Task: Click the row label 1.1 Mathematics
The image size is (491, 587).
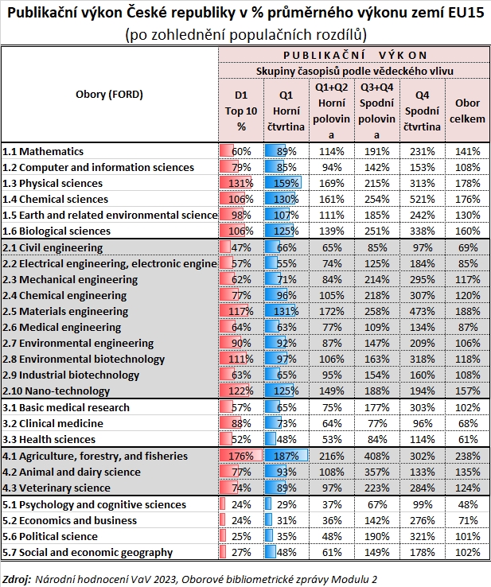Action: click(54, 150)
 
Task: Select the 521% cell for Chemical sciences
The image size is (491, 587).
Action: click(422, 199)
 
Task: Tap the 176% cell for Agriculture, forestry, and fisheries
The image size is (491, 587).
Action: click(240, 456)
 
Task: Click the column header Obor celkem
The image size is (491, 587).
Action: click(467, 111)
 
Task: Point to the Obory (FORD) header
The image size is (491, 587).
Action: click(110, 94)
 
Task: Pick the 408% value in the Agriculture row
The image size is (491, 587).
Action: click(376, 456)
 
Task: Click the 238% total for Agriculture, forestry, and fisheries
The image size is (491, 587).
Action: click(468, 456)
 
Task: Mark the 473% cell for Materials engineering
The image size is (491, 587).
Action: click(422, 311)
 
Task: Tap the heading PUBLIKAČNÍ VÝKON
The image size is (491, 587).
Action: click(354, 54)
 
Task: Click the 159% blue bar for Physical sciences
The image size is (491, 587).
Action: click(284, 183)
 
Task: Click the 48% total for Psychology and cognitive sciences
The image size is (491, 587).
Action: click(468, 504)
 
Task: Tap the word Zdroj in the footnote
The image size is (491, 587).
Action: click(16, 578)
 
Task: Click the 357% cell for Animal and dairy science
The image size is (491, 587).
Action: click(376, 472)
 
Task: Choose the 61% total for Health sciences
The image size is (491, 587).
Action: click(468, 439)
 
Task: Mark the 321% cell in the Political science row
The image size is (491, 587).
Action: click(422, 537)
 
